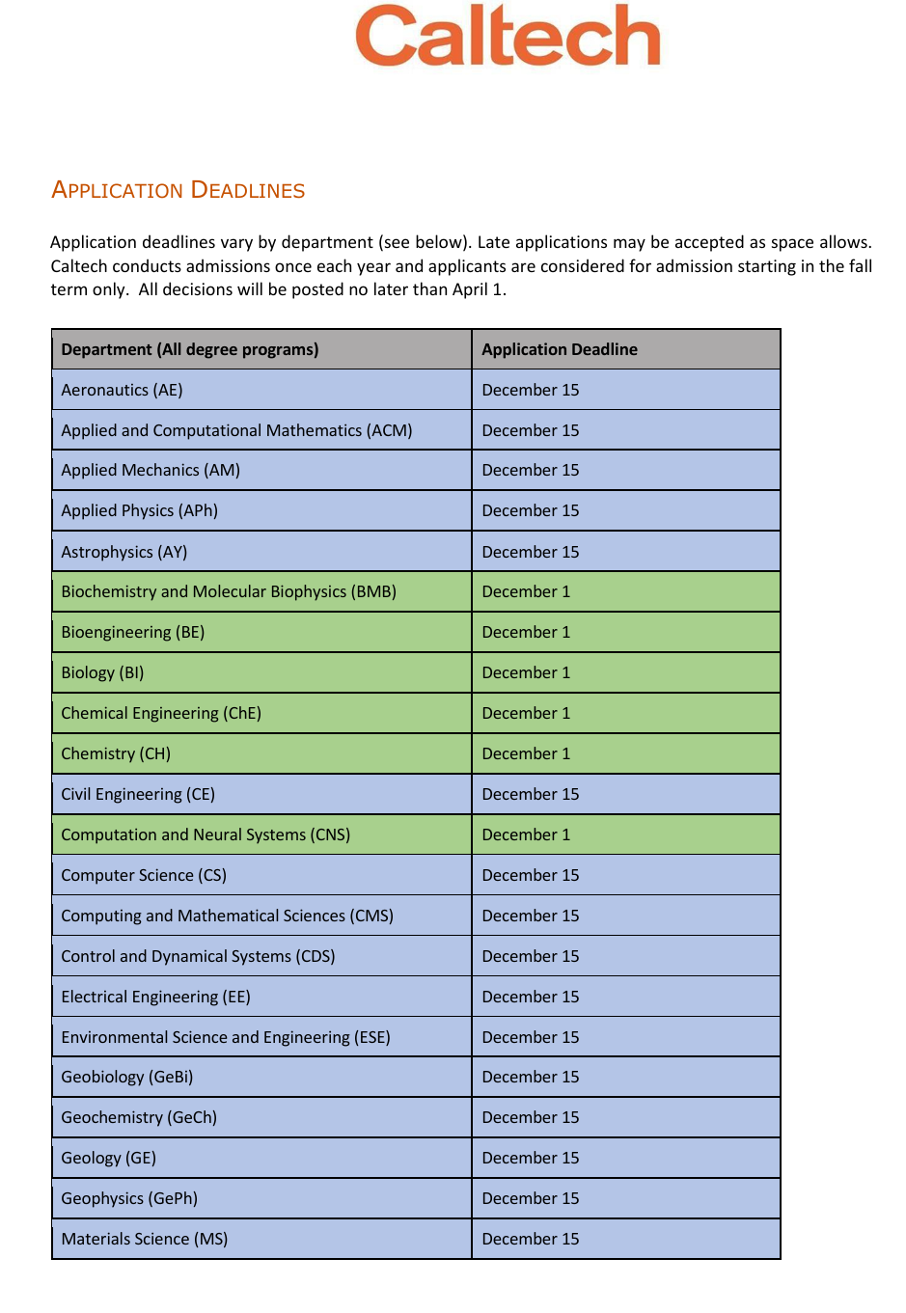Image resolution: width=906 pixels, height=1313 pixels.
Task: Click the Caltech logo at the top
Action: (x=508, y=36)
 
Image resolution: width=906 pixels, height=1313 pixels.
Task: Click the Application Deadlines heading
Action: (x=178, y=190)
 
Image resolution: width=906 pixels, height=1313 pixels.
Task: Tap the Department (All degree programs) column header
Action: (x=190, y=349)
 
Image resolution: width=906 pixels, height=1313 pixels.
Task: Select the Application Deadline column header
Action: (x=560, y=349)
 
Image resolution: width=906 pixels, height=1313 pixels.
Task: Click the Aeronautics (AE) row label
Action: (x=122, y=390)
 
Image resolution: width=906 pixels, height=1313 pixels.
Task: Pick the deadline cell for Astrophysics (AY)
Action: (x=531, y=552)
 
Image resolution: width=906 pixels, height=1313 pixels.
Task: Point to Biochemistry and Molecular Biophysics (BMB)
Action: (x=229, y=591)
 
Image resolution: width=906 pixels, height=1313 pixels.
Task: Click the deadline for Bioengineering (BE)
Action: (x=526, y=632)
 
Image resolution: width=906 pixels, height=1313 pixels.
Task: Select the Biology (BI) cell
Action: (x=102, y=672)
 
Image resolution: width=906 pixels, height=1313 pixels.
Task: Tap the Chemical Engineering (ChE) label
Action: (x=161, y=713)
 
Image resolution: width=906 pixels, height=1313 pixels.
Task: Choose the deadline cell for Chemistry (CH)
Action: (x=526, y=753)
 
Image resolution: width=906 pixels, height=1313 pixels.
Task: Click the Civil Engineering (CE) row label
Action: (x=138, y=794)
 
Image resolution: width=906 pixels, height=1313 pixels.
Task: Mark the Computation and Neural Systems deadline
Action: (x=526, y=834)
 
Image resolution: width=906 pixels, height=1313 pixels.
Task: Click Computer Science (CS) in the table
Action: (x=144, y=875)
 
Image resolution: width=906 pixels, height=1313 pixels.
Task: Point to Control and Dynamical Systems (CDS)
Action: (x=198, y=956)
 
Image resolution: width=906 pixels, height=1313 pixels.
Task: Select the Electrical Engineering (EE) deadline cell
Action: (x=531, y=997)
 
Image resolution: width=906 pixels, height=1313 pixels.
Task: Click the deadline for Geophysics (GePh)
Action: (x=531, y=1198)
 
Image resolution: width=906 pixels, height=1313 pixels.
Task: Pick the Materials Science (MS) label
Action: (x=145, y=1239)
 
